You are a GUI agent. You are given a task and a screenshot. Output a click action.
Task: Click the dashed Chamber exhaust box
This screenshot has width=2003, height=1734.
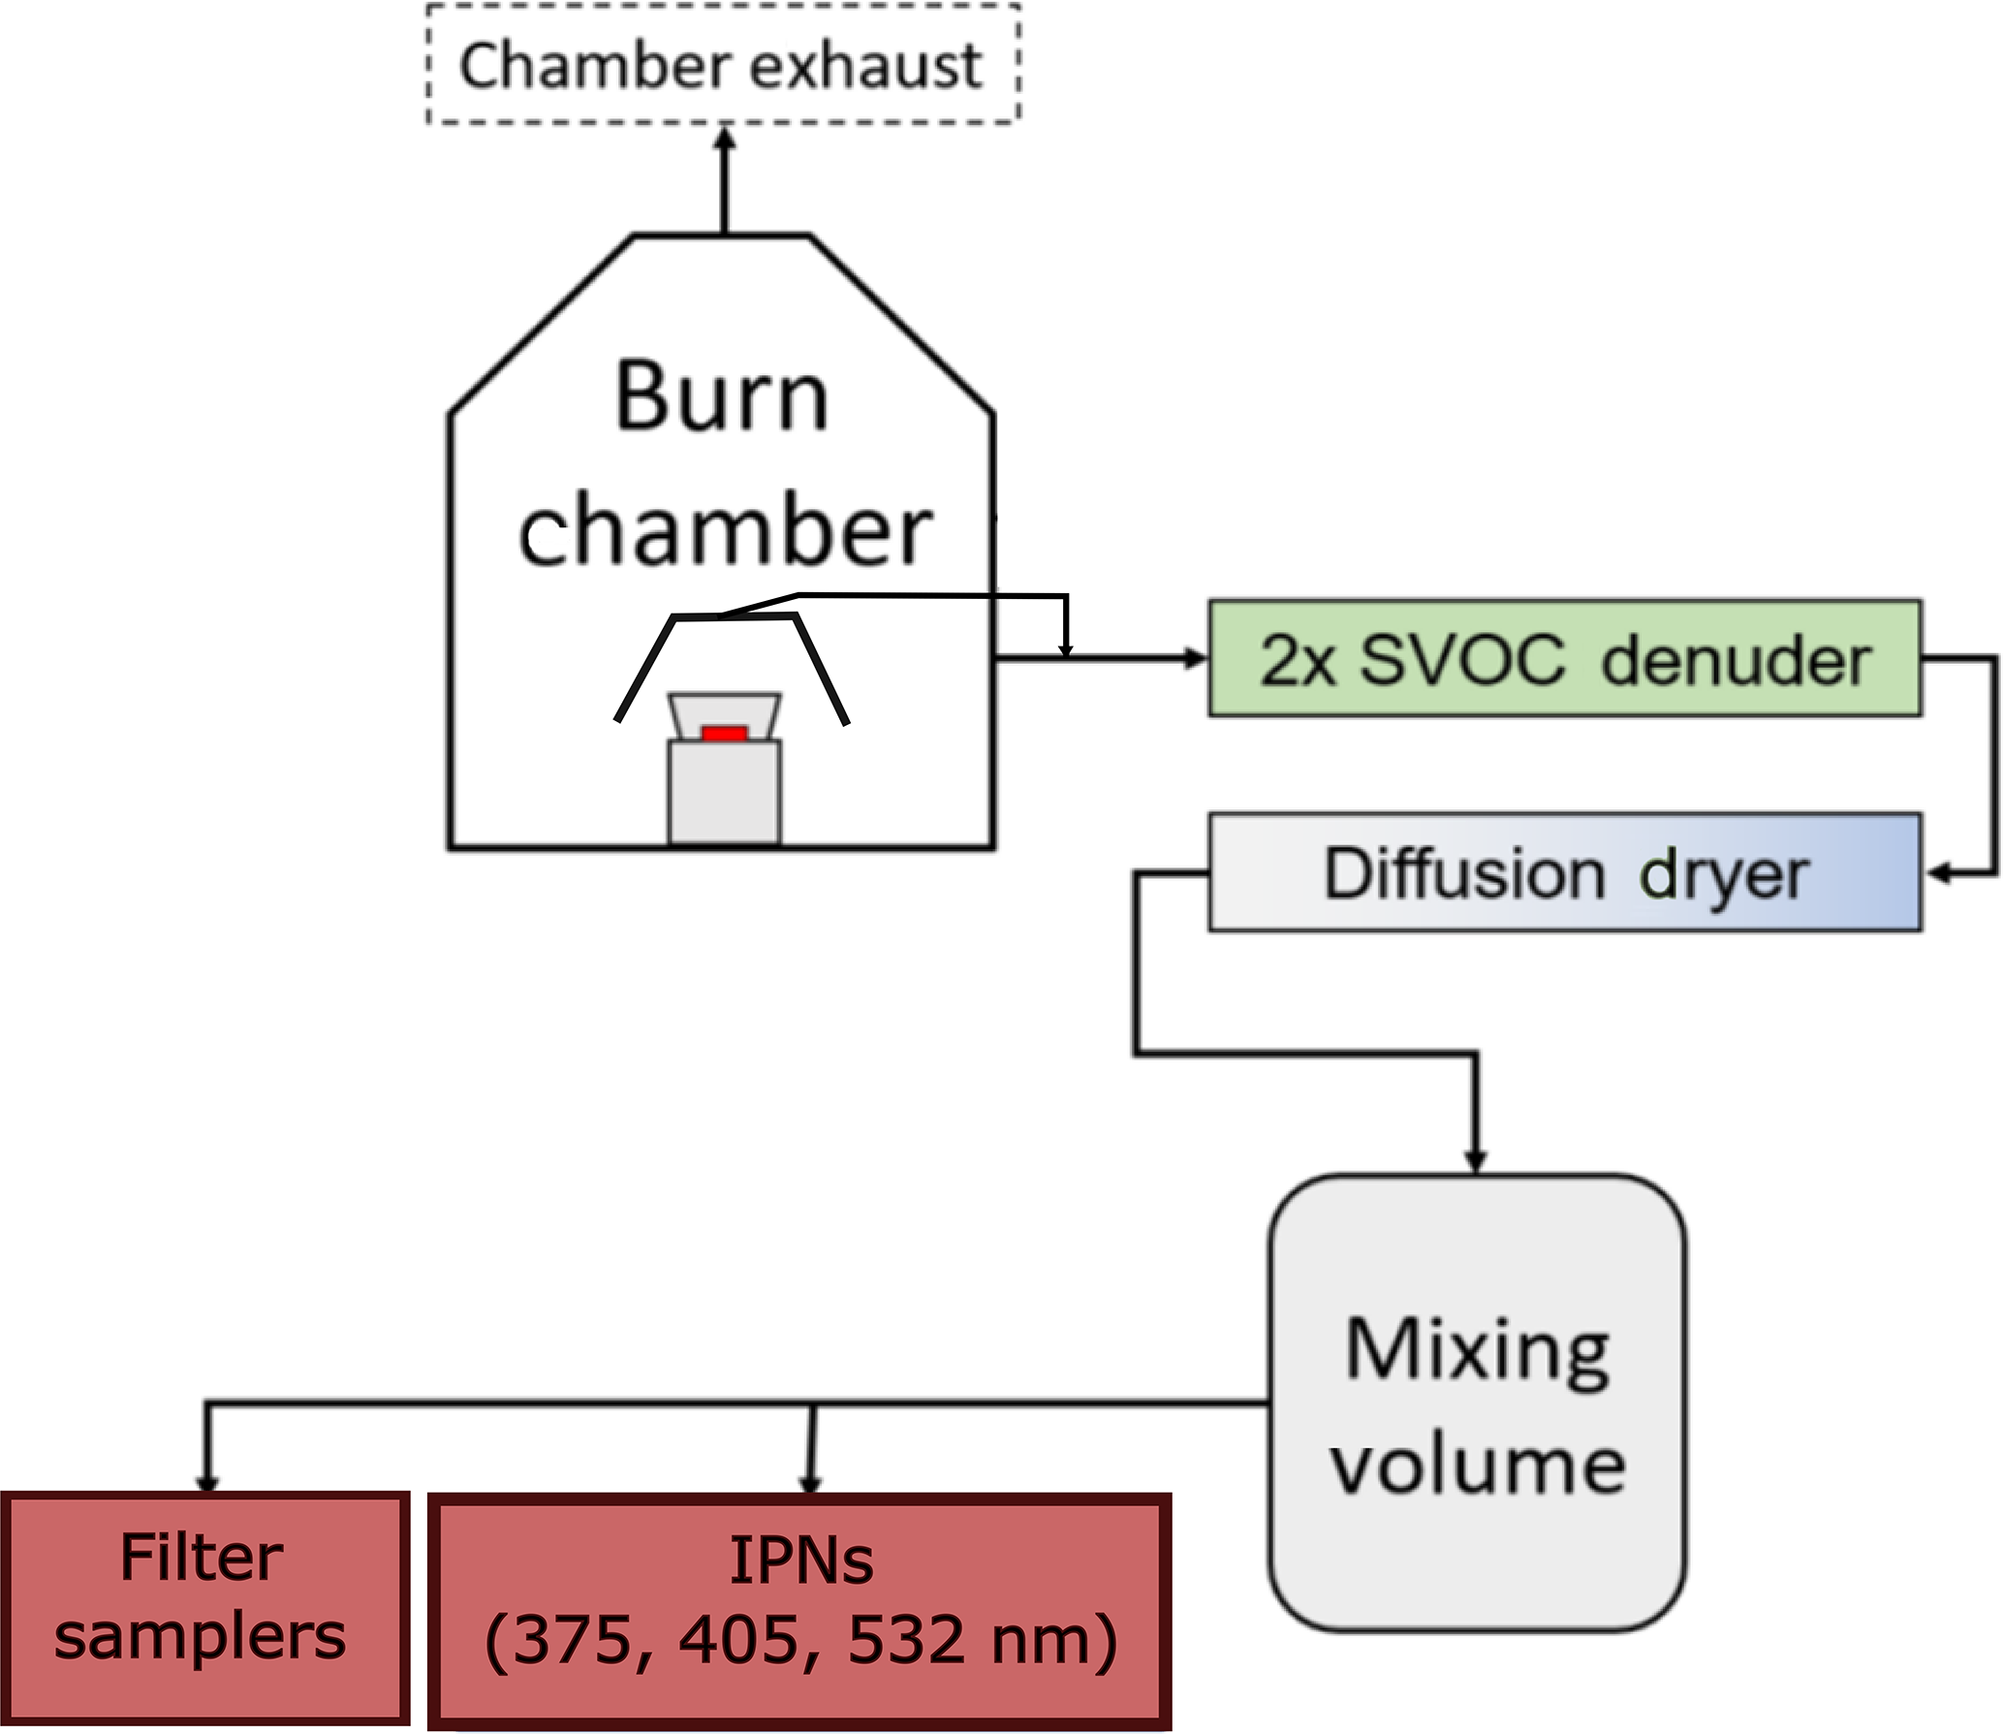point(723,64)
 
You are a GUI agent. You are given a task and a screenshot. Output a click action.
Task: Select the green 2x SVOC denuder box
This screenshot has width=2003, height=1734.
point(1564,659)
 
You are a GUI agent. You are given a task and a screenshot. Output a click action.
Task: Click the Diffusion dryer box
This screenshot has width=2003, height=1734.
point(1564,872)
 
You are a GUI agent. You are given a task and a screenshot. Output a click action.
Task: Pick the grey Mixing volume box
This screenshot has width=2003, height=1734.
point(1477,1405)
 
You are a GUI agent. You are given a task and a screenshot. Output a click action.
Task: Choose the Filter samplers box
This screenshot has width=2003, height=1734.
point(203,1609)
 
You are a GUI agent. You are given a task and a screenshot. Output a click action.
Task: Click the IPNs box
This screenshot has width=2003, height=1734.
point(800,1611)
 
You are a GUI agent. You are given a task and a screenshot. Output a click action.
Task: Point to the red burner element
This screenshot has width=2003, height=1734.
point(724,734)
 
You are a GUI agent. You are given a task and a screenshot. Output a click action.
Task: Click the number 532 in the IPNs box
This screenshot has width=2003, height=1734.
point(906,1640)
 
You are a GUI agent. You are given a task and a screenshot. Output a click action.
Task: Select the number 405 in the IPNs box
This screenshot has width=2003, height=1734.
point(738,1640)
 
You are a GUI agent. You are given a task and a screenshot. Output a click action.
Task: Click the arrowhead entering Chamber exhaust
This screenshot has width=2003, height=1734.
point(725,139)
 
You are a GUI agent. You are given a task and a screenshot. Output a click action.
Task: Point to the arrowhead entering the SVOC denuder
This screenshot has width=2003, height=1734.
point(1196,659)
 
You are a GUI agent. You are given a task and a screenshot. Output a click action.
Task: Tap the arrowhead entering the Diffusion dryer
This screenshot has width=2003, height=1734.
point(1936,873)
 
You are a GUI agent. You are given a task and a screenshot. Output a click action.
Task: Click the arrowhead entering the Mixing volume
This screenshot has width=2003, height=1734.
point(1475,1161)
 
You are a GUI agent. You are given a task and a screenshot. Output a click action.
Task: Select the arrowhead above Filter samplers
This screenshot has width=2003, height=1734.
point(206,1483)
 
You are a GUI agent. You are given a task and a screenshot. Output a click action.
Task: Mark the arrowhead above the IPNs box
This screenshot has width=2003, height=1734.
point(811,1483)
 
